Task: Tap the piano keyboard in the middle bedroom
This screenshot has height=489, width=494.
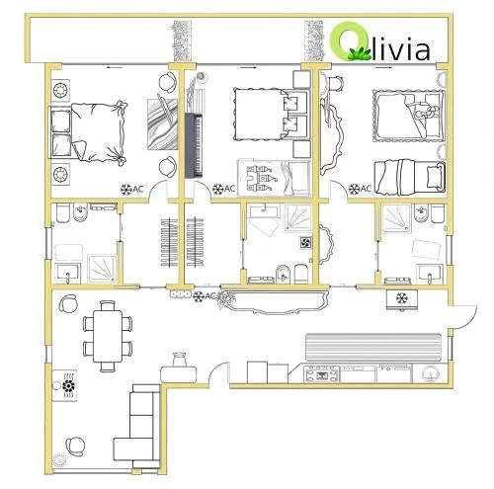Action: coord(194,145)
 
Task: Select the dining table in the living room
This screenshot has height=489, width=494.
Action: coord(108,336)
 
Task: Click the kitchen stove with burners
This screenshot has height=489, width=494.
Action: coord(321,374)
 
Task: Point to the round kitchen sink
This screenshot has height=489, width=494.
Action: coord(430,373)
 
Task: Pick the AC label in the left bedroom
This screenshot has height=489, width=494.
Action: coord(138,189)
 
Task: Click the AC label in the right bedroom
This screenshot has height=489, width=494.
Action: coord(366,189)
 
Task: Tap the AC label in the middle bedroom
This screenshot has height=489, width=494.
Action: coord(229,189)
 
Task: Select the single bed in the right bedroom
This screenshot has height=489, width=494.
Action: coord(410,177)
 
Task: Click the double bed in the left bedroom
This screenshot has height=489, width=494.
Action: coord(88,132)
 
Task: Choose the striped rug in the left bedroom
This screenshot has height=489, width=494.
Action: coord(162,124)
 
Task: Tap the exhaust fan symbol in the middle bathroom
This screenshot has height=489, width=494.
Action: coord(305,243)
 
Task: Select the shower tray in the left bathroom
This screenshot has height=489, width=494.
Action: coord(102,269)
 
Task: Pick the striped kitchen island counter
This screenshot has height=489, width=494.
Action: coord(373,348)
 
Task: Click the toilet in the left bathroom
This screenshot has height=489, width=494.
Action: coord(62,212)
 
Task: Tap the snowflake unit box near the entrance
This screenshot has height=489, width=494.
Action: coord(402,299)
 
